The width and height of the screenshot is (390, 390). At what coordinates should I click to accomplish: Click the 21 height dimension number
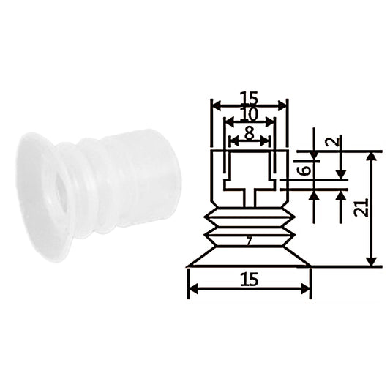click(x=362, y=207)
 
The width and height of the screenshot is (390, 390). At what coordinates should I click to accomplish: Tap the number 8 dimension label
click(x=250, y=133)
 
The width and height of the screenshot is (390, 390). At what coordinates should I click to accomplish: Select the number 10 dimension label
click(x=250, y=115)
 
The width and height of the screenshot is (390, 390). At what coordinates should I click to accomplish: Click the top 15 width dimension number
click(x=250, y=98)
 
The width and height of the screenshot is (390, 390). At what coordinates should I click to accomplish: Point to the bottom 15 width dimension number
click(x=250, y=279)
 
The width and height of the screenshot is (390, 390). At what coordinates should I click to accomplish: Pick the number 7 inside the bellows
click(x=250, y=241)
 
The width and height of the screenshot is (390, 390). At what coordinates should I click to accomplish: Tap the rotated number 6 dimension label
click(x=304, y=170)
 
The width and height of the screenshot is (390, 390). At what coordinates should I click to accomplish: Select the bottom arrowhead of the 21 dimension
click(x=372, y=261)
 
